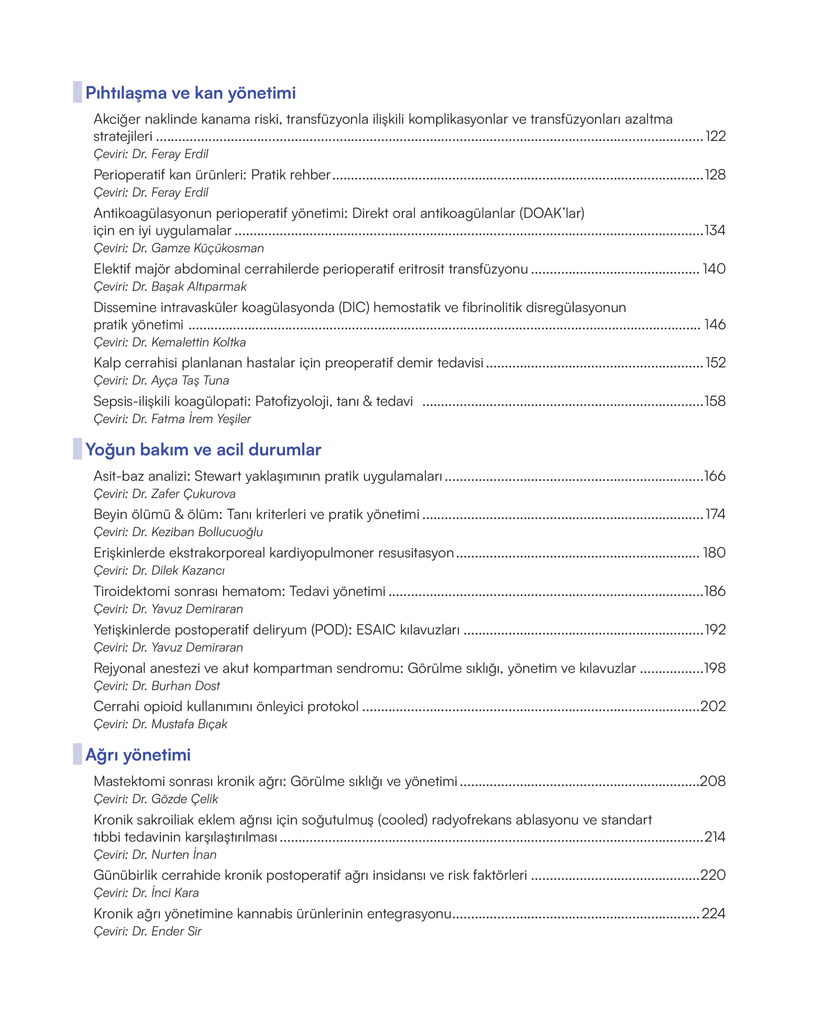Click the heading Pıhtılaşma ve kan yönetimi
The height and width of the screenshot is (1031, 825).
(x=191, y=93)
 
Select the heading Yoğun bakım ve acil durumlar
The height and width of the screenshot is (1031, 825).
(x=203, y=449)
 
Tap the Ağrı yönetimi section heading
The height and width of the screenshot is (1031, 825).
(x=138, y=755)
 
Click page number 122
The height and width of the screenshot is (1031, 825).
(x=715, y=136)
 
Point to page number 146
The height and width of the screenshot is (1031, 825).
(x=715, y=325)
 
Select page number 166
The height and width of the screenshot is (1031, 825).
(x=715, y=476)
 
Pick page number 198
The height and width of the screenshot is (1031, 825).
(x=715, y=668)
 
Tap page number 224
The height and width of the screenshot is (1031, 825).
(x=713, y=914)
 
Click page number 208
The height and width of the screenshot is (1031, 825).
(x=713, y=781)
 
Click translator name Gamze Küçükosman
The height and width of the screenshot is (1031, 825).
(x=207, y=248)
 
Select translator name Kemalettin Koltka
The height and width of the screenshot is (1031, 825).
(x=199, y=342)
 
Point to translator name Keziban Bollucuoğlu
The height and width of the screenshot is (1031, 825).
(x=207, y=532)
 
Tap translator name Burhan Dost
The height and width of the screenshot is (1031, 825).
(x=186, y=686)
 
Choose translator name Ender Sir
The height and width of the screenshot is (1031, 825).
(x=176, y=932)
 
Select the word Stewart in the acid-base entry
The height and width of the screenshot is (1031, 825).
(x=218, y=476)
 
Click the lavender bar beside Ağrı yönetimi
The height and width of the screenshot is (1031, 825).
(x=77, y=754)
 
